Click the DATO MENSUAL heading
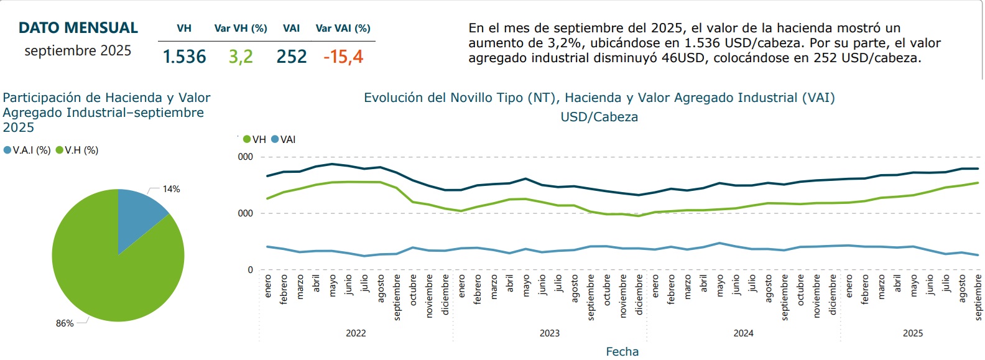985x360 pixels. [78, 28]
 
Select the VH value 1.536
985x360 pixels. [184, 57]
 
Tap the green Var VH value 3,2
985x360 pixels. [241, 57]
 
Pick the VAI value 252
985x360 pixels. [292, 57]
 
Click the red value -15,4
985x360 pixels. [343, 57]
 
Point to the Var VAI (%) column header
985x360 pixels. [343, 28]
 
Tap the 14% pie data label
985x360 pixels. [172, 189]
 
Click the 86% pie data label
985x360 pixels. [65, 323]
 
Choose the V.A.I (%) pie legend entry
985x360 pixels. [27, 150]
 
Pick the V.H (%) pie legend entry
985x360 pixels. [78, 150]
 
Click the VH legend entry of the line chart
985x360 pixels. [255, 140]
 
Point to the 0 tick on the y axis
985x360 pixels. [251, 270]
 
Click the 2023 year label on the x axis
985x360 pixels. [549, 333]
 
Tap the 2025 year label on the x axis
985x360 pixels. [912, 333]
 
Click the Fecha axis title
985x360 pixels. [622, 352]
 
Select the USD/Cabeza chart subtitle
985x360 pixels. [599, 117]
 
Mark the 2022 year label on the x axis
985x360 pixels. [356, 333]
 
